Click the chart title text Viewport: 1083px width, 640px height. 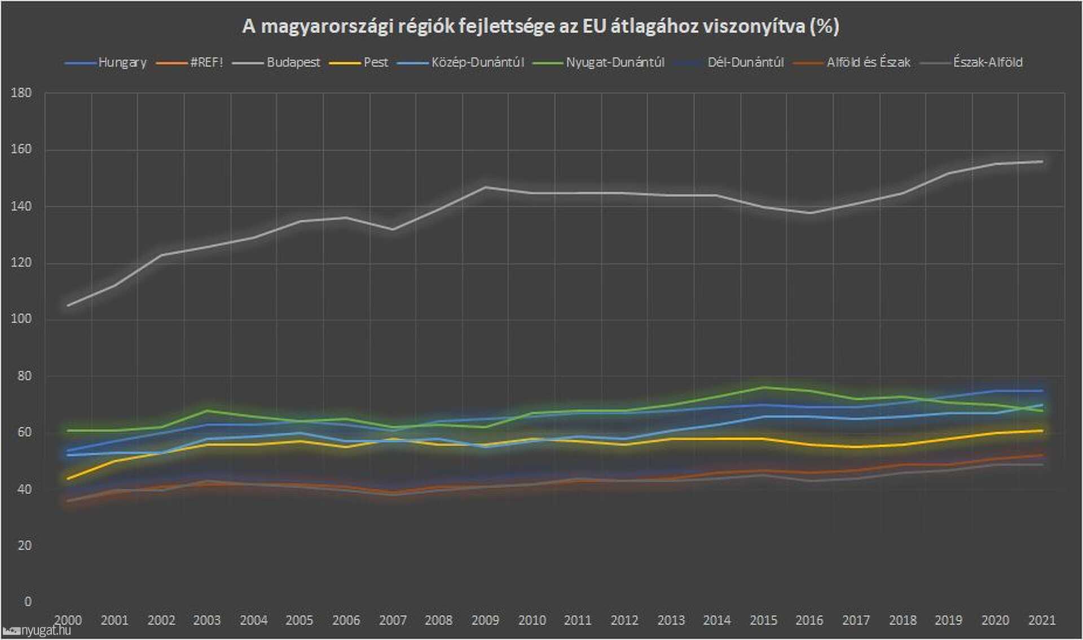coord(540,26)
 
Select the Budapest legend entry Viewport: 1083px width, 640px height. coord(293,62)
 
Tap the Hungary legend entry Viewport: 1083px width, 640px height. coord(122,62)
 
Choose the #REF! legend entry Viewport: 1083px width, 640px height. coord(206,62)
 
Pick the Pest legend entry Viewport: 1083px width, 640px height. coord(375,62)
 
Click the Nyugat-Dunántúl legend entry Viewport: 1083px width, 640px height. coord(615,62)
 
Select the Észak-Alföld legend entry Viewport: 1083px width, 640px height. coord(987,62)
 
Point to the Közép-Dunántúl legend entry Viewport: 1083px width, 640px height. coord(477,62)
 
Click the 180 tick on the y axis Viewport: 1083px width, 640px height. coord(21,93)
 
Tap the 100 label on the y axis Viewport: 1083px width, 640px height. coord(21,319)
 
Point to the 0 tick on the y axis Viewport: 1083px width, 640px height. coord(28,602)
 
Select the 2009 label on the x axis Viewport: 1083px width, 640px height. coord(485,620)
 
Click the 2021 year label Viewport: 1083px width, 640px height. coord(1041,620)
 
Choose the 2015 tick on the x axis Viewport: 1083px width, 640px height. coord(763,620)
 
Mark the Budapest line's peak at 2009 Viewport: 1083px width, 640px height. coord(485,187)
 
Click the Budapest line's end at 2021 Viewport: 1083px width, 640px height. coord(1041,162)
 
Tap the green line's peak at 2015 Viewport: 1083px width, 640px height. coord(763,387)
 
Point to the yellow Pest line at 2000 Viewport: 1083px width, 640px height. coord(68,479)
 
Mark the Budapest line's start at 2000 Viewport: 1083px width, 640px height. coord(68,305)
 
